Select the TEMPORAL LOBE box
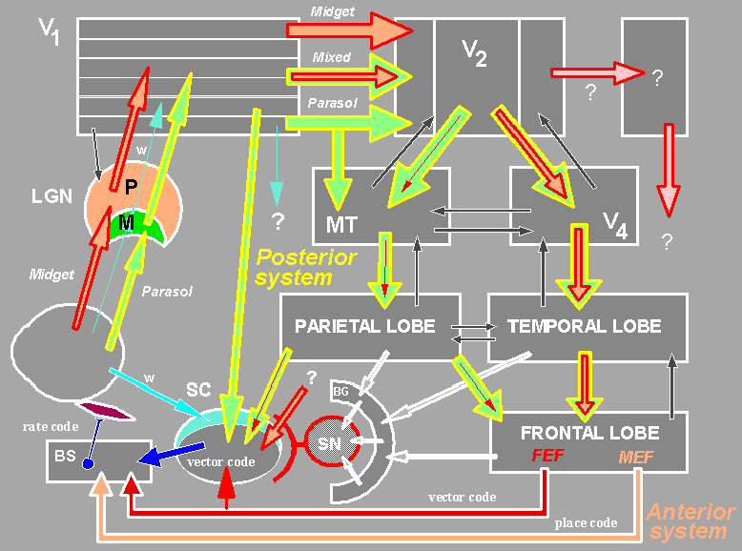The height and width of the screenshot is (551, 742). click(x=586, y=326)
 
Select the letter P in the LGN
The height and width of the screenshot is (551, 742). click(x=131, y=188)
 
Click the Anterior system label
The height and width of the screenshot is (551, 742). click(x=690, y=522)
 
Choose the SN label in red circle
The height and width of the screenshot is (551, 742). click(x=329, y=445)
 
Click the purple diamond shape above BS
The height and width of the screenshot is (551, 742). click(x=106, y=412)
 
